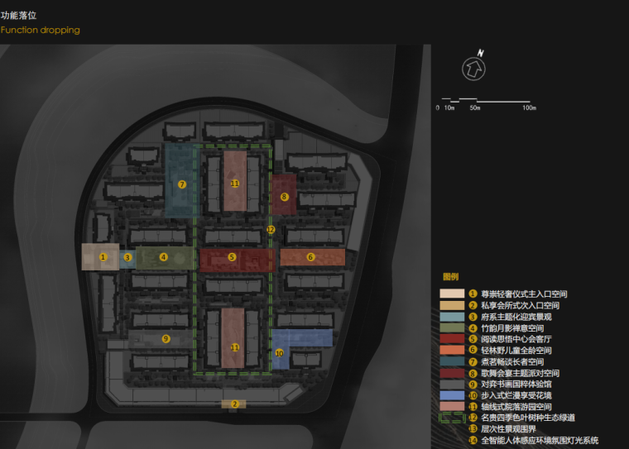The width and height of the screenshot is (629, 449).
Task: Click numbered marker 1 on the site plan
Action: click(x=103, y=257)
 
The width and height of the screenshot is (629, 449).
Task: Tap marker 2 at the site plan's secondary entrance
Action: click(x=234, y=404)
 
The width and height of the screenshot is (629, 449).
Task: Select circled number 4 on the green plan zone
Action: click(x=164, y=257)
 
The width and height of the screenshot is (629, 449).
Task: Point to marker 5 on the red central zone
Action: click(x=232, y=258)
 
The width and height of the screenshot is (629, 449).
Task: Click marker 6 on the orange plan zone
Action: click(x=311, y=257)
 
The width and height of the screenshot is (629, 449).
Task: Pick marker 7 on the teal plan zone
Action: click(x=182, y=184)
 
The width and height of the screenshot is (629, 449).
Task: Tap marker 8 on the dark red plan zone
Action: click(x=284, y=197)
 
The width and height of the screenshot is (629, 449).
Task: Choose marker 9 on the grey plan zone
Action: click(x=166, y=338)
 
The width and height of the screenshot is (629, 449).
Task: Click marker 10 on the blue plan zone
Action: click(x=279, y=353)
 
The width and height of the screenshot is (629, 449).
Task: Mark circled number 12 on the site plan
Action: click(x=271, y=229)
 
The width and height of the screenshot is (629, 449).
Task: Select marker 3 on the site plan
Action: click(x=127, y=257)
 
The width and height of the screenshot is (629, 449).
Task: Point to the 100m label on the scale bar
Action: click(x=529, y=108)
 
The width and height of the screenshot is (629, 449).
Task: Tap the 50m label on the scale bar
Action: click(x=475, y=108)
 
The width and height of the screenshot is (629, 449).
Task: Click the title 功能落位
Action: click(x=18, y=15)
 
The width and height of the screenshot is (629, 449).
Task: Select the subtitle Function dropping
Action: click(x=41, y=30)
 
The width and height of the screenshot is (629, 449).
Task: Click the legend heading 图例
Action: click(x=450, y=277)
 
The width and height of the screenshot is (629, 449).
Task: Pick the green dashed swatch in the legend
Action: click(x=451, y=418)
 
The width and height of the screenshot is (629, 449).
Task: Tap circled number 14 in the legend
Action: click(x=473, y=440)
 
